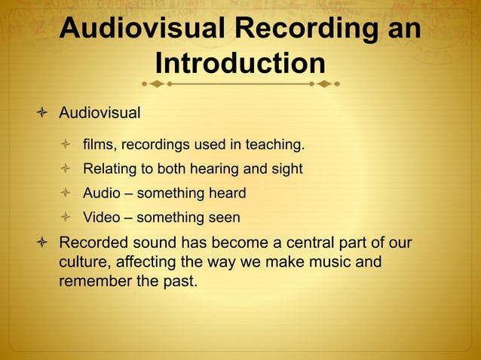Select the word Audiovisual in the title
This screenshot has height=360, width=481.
pos(142,28)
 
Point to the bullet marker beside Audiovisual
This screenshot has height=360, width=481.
pos(42,114)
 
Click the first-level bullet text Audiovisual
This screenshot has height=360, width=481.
pos(100,114)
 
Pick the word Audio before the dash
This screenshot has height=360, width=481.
pos(102,194)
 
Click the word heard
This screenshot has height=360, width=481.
pos(228,194)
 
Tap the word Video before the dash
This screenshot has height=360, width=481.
pos(102,218)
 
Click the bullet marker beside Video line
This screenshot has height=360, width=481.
pos(66,218)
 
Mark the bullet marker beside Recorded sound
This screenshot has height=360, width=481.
pos(42,244)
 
